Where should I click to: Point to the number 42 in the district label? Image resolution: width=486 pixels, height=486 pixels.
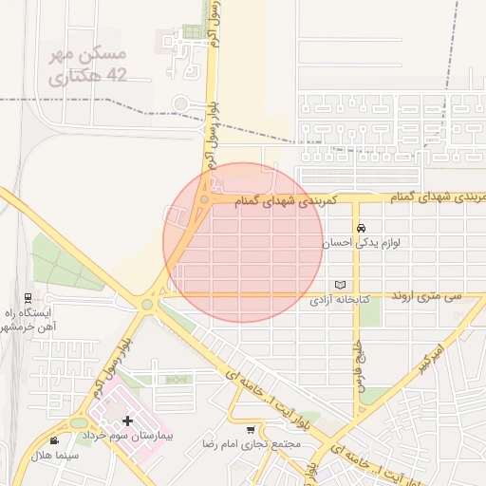click(x=117, y=74)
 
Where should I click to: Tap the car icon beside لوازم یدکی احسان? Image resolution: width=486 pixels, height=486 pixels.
click(x=362, y=229)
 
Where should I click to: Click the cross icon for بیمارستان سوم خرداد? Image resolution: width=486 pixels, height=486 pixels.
click(x=127, y=420)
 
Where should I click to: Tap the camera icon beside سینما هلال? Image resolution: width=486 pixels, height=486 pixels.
click(x=53, y=439)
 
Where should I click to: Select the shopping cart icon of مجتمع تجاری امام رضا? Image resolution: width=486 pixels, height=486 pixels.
click(x=251, y=429)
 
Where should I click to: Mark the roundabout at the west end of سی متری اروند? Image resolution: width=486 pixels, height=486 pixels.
click(x=147, y=305)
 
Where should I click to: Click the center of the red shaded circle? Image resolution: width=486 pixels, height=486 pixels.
click(x=243, y=242)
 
